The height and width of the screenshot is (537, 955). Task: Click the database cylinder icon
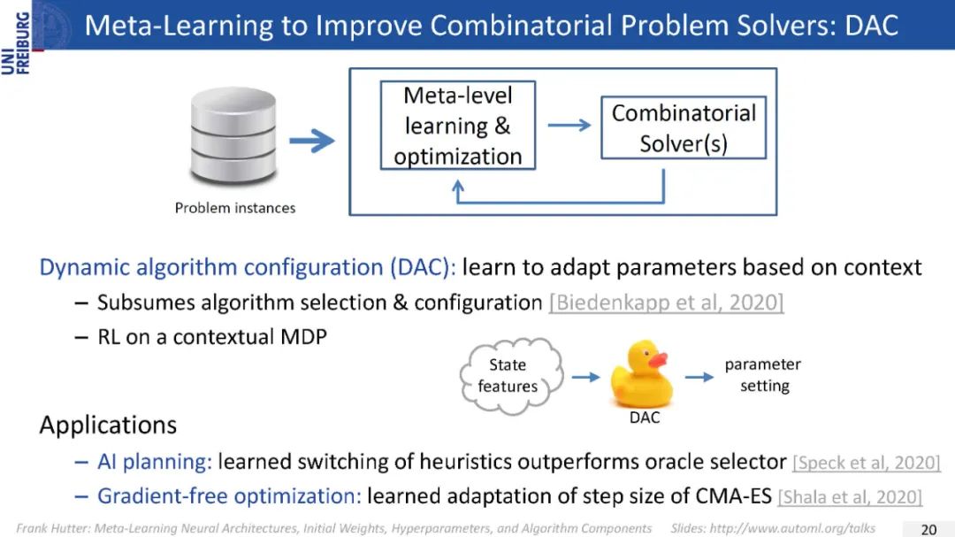[x=228, y=140]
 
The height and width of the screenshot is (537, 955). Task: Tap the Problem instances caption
[x=235, y=208]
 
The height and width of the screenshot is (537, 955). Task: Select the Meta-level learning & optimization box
[x=457, y=126]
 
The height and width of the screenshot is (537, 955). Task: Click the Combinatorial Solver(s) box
[x=684, y=128]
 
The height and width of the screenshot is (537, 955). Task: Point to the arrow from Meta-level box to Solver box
[x=569, y=125]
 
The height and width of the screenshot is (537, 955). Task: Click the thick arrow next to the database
[x=311, y=140]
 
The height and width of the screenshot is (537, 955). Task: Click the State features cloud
[x=508, y=375]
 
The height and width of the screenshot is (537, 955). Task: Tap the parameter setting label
[x=763, y=375]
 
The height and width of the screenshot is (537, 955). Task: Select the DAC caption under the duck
[x=645, y=418]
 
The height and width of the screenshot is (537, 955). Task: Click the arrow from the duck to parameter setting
[x=699, y=377]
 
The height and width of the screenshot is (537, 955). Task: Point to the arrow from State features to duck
[x=584, y=377]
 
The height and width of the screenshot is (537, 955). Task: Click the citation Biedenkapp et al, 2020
[x=666, y=303]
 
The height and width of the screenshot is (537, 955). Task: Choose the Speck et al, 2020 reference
[x=867, y=463]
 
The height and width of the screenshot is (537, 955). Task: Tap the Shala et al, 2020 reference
[x=850, y=497]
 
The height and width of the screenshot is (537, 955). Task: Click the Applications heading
[x=108, y=425]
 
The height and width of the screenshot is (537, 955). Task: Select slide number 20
[x=928, y=529]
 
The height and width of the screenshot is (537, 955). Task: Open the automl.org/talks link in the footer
[x=796, y=528]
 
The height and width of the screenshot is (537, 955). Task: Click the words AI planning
[x=155, y=462]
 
